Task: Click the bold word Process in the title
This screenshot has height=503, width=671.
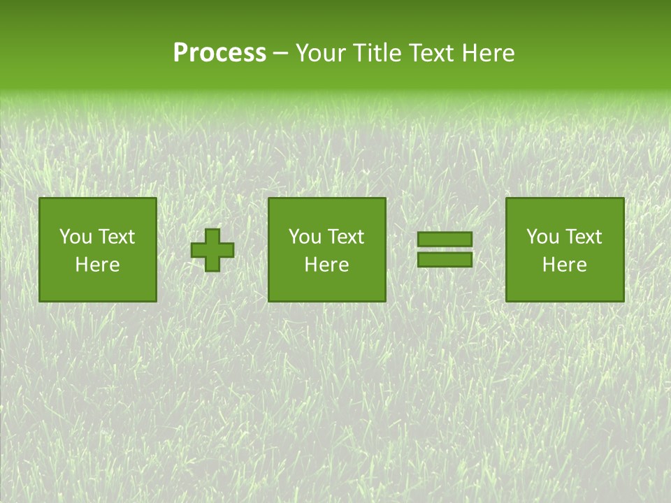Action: tap(219, 53)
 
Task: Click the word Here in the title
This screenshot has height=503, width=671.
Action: tap(489, 53)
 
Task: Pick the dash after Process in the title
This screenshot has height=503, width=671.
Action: tap(281, 54)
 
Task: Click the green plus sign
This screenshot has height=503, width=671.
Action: tap(213, 250)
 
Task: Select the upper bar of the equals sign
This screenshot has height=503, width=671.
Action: tap(445, 240)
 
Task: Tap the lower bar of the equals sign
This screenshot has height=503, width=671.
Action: tap(445, 260)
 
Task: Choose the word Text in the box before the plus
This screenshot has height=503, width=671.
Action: tap(116, 237)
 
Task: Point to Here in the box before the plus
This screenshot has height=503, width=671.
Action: tap(97, 265)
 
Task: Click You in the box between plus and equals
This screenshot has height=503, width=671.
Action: tap(305, 237)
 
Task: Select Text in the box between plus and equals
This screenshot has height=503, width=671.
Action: tap(345, 237)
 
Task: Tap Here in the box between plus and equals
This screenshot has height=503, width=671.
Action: tap(326, 265)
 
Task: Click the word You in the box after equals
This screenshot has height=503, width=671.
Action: tap(543, 237)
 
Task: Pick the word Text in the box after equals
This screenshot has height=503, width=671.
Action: tap(583, 237)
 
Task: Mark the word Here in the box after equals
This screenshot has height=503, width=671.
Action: tap(564, 265)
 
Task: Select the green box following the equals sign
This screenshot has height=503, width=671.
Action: tap(565, 286)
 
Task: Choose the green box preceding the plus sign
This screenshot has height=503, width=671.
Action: tap(98, 286)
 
